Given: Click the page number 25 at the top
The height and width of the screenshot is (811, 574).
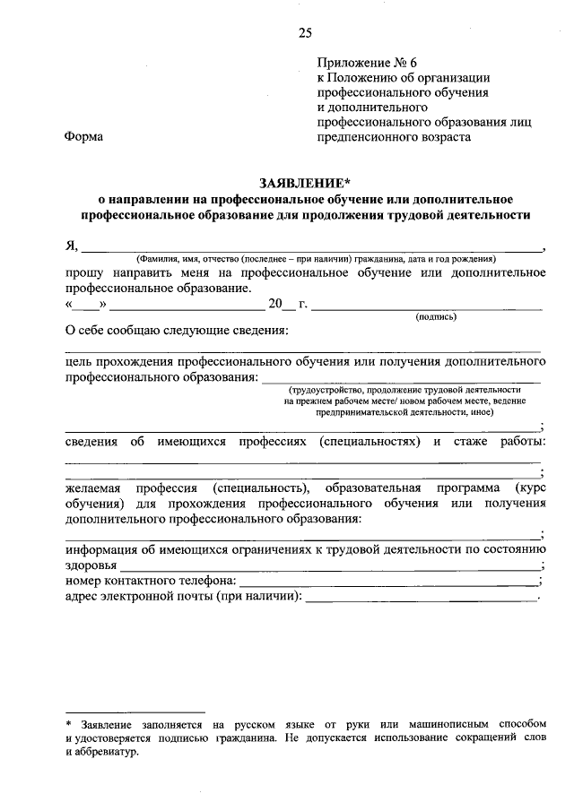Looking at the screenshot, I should (x=305, y=33).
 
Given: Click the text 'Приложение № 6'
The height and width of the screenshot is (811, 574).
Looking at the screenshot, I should (x=368, y=63).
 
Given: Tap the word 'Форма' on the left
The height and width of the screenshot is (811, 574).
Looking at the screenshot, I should (x=84, y=137).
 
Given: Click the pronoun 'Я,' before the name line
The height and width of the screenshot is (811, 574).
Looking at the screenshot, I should (x=73, y=246).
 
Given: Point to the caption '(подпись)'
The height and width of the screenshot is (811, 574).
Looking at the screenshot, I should (x=436, y=316).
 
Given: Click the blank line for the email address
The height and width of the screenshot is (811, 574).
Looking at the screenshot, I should (x=422, y=599).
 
